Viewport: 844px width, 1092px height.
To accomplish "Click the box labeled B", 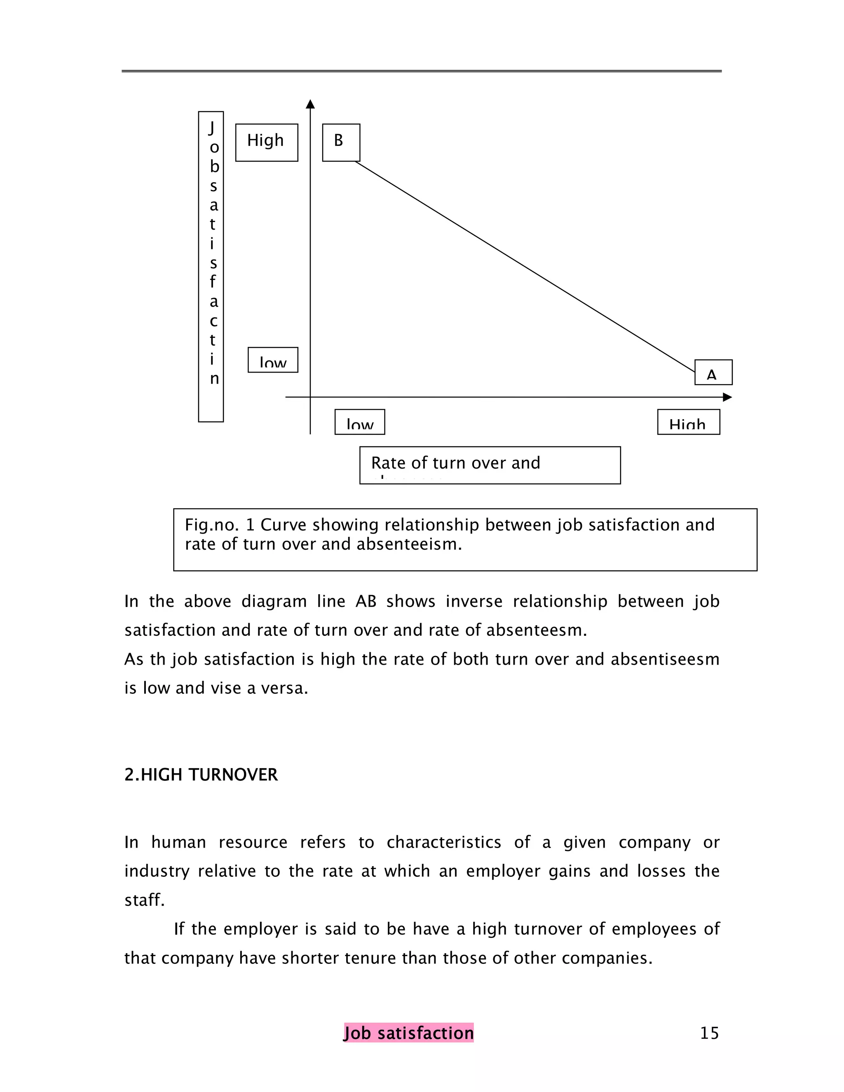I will (x=340, y=143).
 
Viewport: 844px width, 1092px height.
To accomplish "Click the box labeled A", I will (x=713, y=372).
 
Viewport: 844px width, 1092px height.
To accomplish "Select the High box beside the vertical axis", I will (x=267, y=143).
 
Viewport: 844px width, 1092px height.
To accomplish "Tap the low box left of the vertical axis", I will (x=272, y=360).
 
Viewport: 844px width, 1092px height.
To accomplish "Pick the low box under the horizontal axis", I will (x=359, y=422).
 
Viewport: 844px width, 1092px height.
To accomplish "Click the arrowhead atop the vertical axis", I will (x=310, y=103).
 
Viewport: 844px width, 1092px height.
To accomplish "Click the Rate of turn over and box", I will (x=490, y=465).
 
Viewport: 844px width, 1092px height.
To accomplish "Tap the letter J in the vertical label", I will (x=211, y=128).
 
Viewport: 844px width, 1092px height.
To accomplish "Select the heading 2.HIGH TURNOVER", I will (x=201, y=775).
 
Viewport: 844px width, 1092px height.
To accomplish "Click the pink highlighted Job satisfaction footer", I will (x=408, y=1033).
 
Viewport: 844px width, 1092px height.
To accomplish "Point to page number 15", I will (x=709, y=1033).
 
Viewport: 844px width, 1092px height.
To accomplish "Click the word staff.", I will (x=144, y=900).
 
